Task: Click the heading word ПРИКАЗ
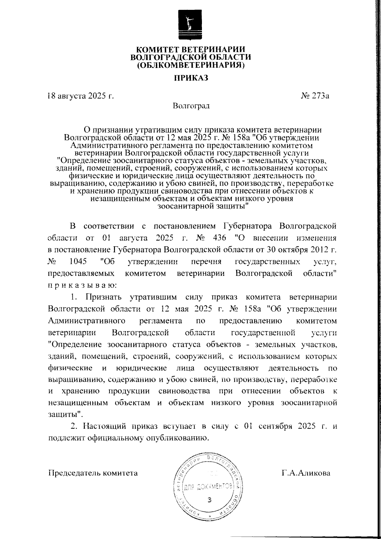190,78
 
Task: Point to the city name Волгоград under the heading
191,106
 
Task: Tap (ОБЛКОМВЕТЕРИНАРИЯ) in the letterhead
191,65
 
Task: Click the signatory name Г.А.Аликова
305,473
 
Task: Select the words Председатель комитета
93,473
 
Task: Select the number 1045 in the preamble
77,262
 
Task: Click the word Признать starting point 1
103,297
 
